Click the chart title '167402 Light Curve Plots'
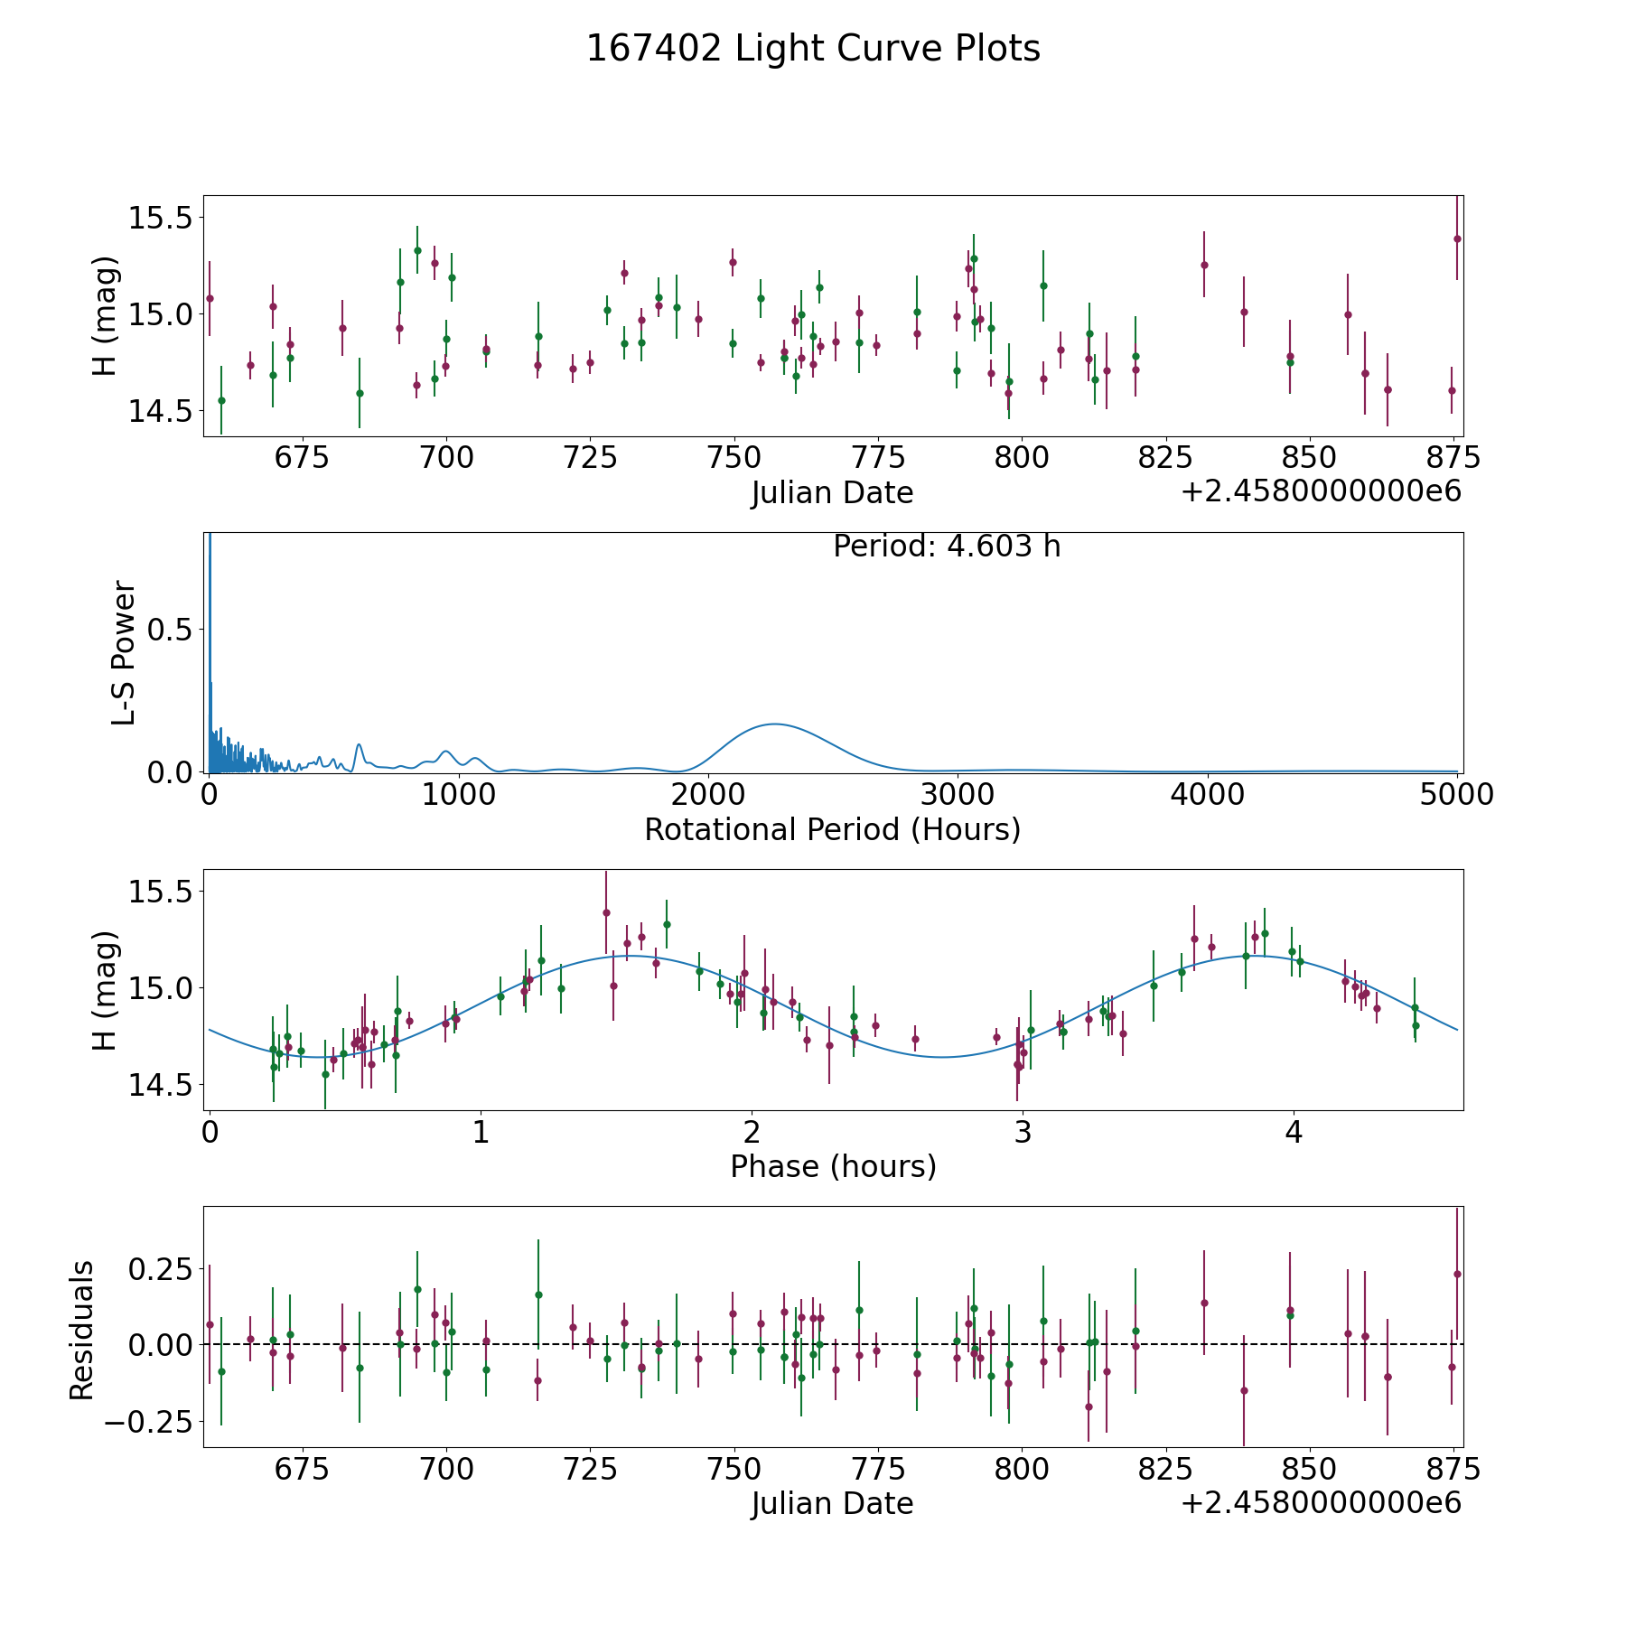point(813,49)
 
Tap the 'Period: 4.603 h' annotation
point(947,547)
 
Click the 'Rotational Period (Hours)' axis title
point(832,829)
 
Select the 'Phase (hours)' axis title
point(833,1166)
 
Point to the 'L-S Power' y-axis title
point(124,652)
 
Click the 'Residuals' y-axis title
point(82,1330)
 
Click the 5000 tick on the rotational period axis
point(1456,795)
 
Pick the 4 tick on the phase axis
point(1294,1132)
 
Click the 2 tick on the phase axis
point(752,1132)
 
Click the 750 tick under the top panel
point(734,458)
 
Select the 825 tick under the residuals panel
point(1165,1470)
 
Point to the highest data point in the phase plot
point(606,912)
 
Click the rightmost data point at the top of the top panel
point(1457,238)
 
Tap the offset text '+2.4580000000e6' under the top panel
point(1321,492)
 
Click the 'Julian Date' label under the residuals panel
point(832,1504)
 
